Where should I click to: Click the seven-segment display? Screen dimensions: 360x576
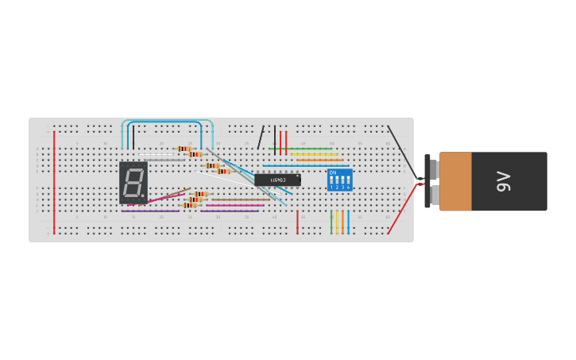coord(133,183)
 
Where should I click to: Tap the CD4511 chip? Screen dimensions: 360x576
coord(277,180)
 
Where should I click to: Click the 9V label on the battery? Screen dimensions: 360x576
coord(503,181)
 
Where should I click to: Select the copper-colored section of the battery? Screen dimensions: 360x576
coord(455,181)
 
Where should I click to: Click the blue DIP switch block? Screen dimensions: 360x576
coord(339,180)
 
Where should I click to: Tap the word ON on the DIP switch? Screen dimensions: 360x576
coord(333,172)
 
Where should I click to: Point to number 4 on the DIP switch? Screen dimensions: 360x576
coord(348,188)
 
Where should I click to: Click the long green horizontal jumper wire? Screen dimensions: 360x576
coord(300,149)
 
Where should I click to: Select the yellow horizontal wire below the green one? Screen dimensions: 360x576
coord(315,154)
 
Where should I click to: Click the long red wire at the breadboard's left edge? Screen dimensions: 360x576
coord(54,183)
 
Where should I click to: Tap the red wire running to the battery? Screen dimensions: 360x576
coord(402,210)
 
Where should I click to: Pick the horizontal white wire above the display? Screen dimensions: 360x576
coord(159,154)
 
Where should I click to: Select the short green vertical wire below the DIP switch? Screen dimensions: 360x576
coord(331,221)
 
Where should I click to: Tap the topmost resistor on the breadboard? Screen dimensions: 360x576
coord(184,149)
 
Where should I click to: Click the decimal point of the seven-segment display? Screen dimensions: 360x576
coord(143,195)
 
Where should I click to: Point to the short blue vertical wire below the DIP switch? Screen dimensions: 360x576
coord(348,221)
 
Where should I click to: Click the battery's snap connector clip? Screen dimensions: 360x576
coord(427,181)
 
